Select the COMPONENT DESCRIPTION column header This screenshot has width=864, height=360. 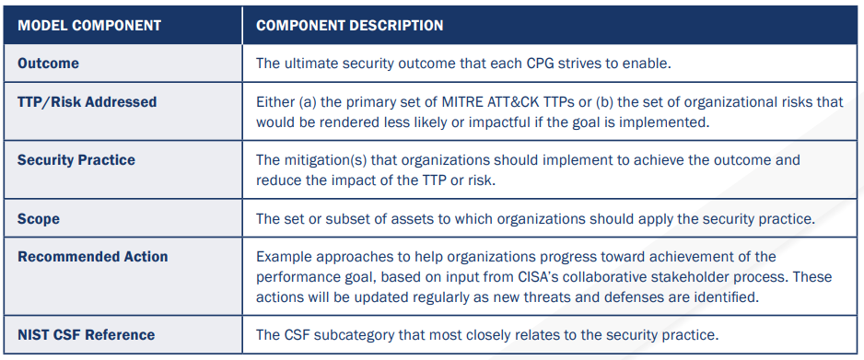pos(349,25)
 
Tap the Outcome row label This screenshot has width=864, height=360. pos(48,64)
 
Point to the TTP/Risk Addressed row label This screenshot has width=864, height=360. pos(87,102)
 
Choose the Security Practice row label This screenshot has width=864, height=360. pos(76,160)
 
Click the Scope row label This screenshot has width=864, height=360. pos(40,218)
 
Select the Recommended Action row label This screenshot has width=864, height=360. pos(92,257)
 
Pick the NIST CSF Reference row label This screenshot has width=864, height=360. pos(86,334)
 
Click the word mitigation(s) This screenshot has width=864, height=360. pos(324,160)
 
